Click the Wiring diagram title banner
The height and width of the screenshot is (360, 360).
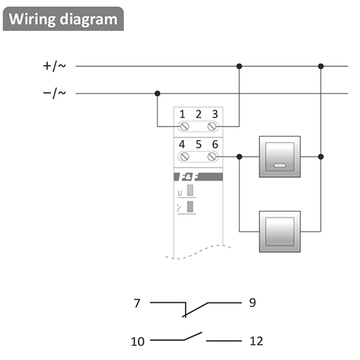click(x=63, y=19)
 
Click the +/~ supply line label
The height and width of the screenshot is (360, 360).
click(x=54, y=66)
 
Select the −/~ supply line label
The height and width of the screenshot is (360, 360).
click(x=54, y=93)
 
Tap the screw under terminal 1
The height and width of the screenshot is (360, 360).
click(x=184, y=126)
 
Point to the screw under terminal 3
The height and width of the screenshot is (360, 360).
click(x=212, y=126)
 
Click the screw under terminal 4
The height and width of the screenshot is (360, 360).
click(x=184, y=157)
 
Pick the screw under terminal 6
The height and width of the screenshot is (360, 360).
click(x=212, y=157)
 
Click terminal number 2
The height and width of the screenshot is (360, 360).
click(x=199, y=114)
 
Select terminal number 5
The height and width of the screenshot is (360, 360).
click(x=199, y=145)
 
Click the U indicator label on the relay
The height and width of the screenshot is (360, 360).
click(x=180, y=193)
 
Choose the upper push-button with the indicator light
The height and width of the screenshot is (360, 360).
click(x=280, y=157)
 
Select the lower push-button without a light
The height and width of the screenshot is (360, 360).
click(x=280, y=232)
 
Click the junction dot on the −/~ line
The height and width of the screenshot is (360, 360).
click(x=158, y=94)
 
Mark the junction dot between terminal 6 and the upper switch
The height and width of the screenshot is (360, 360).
click(x=239, y=157)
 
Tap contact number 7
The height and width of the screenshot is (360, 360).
click(x=137, y=303)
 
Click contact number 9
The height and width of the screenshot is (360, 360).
click(x=253, y=302)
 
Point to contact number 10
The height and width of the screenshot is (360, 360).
click(x=138, y=341)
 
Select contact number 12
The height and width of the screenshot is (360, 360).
click(x=256, y=341)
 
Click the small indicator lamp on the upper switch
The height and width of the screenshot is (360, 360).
click(x=279, y=166)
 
